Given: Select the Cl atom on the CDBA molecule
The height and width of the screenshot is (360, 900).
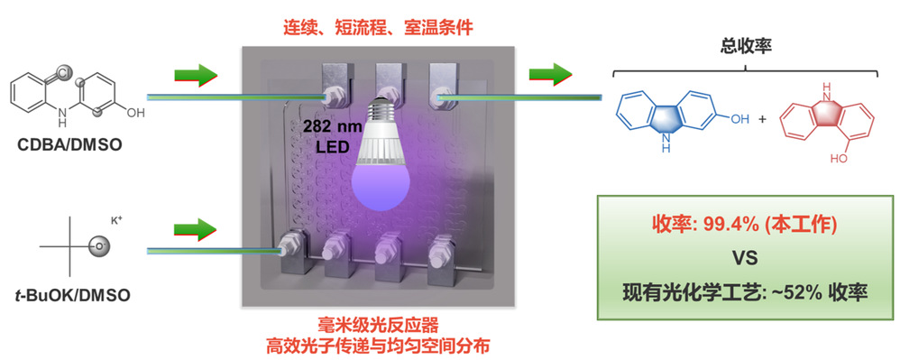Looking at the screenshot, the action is [62, 74].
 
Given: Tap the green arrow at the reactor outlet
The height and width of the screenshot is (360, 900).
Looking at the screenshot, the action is [550, 74].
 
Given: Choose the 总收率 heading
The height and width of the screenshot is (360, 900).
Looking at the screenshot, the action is [746, 47].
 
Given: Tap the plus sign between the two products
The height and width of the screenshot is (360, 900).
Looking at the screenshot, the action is [763, 120].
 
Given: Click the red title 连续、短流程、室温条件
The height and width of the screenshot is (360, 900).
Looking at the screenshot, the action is [378, 27].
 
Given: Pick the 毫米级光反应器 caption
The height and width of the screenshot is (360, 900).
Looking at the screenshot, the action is [378, 326].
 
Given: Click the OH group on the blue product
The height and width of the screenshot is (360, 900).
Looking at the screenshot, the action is [739, 119].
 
